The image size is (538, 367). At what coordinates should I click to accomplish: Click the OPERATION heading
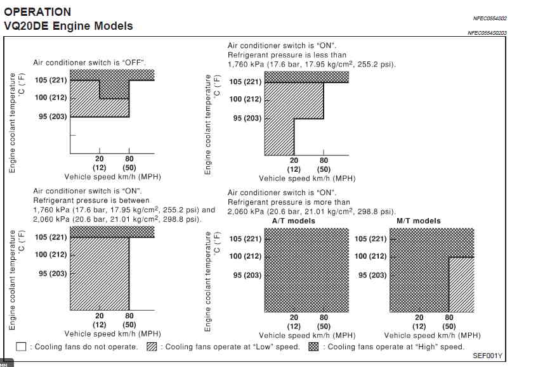pyautogui.click(x=37, y=12)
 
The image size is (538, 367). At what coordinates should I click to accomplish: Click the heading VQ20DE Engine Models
pyautogui.click(x=69, y=26)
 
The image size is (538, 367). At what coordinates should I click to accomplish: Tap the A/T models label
pyautogui.click(x=294, y=221)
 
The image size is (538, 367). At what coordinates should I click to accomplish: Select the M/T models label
pyautogui.click(x=419, y=221)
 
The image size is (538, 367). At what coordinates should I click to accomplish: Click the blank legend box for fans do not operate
pyautogui.click(x=21, y=347)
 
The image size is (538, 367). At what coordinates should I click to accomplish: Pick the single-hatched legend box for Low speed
pyautogui.click(x=152, y=347)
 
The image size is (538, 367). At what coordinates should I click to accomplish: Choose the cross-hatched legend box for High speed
pyautogui.click(x=313, y=347)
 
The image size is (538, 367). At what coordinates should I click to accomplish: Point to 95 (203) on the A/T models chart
pyautogui.click(x=247, y=275)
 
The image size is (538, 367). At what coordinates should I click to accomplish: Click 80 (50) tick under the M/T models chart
pyautogui.click(x=449, y=321)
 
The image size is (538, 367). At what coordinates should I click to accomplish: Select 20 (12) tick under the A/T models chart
pyautogui.click(x=294, y=321)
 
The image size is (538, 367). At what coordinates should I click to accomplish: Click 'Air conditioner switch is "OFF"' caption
pyautogui.click(x=89, y=63)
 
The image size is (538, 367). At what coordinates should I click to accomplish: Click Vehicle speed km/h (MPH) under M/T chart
pyautogui.click(x=432, y=335)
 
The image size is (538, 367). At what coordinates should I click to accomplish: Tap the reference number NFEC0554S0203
pyautogui.click(x=487, y=32)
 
